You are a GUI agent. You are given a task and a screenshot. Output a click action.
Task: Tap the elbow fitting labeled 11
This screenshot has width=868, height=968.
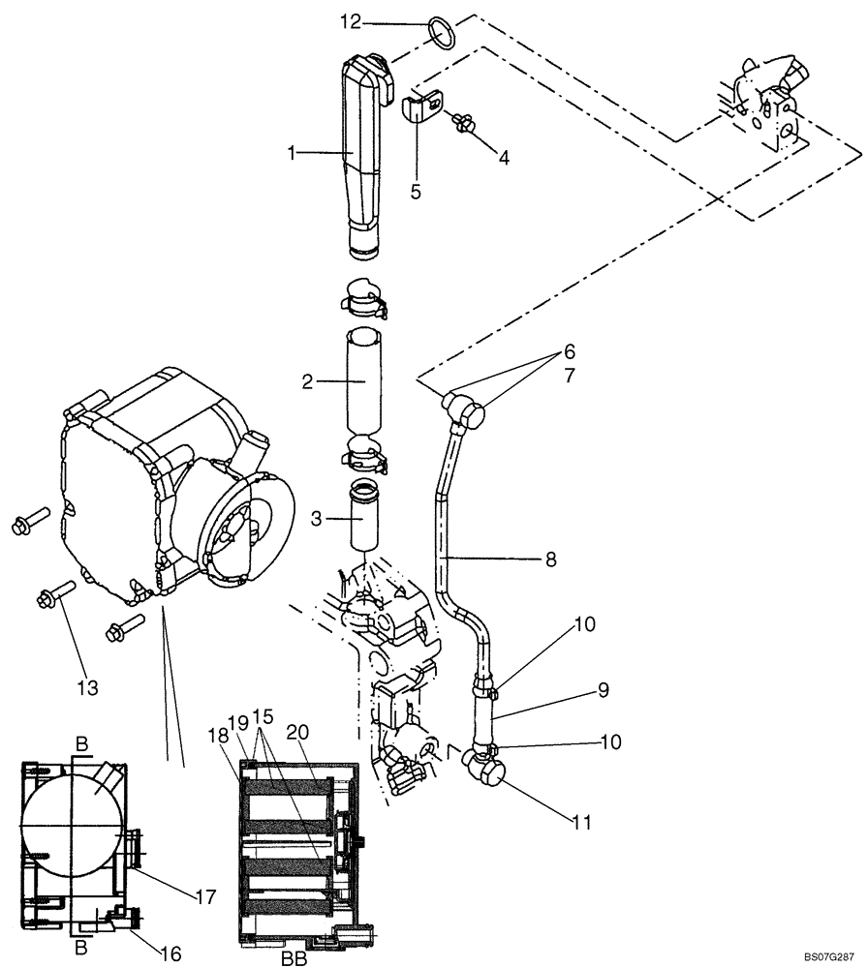tap(484, 771)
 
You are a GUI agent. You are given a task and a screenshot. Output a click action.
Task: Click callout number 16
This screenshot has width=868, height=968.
tap(171, 953)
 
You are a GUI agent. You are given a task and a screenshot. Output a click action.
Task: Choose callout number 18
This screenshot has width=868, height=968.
tap(219, 738)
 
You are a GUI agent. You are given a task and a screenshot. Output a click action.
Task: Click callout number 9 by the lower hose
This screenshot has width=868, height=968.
tap(602, 690)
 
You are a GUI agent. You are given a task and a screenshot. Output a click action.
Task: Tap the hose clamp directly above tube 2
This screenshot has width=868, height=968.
tap(363, 297)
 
